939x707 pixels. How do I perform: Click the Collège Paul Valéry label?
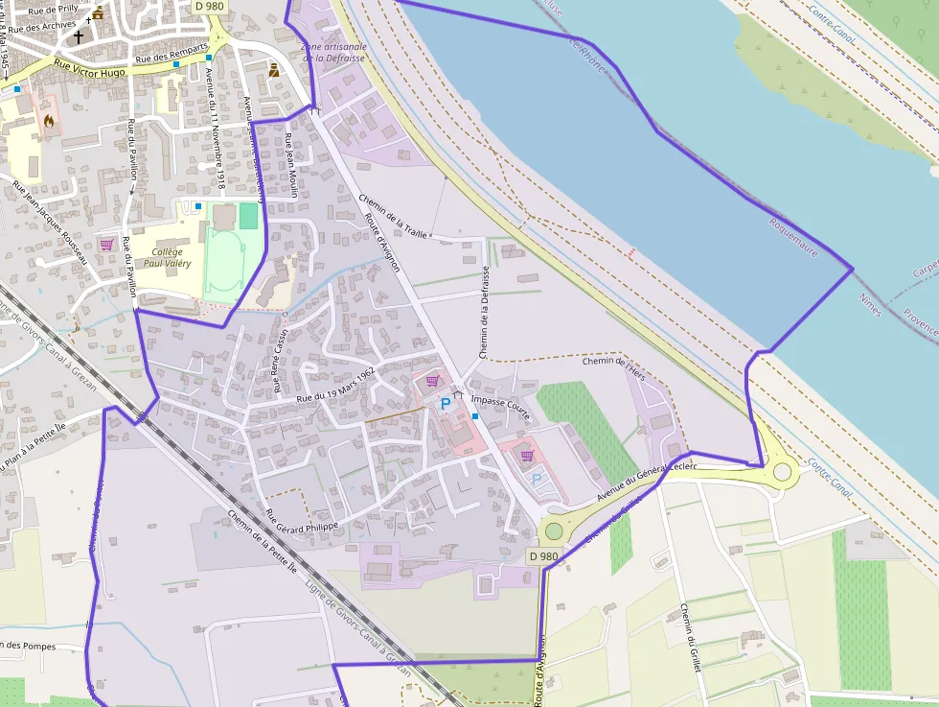pyautogui.click(x=167, y=257)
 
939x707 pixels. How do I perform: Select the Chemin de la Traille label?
pyautogui.click(x=393, y=217)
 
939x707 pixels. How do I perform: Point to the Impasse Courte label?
pyautogui.click(x=499, y=404)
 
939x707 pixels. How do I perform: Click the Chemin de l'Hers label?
pyautogui.click(x=615, y=365)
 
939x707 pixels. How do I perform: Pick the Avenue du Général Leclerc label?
pyautogui.click(x=646, y=481)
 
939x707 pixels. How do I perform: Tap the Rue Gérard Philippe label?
pyautogui.click(x=302, y=521)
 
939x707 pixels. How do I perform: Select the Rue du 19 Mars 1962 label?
pyautogui.click(x=334, y=384)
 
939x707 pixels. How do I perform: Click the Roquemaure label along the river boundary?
pyautogui.click(x=793, y=236)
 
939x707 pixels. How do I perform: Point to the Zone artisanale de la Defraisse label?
pyautogui.click(x=332, y=52)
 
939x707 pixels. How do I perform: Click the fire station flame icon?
pyautogui.click(x=49, y=121)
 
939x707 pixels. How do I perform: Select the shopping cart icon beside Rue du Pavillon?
pyautogui.click(x=106, y=245)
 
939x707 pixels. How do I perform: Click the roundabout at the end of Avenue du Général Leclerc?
pyautogui.click(x=783, y=471)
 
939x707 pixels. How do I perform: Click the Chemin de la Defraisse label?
pyautogui.click(x=484, y=313)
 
